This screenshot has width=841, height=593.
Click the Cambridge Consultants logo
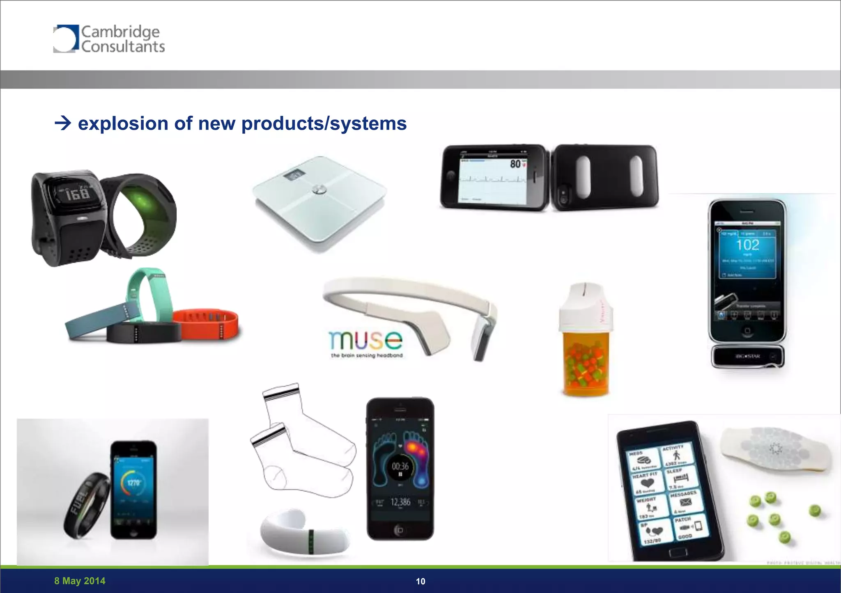(x=109, y=39)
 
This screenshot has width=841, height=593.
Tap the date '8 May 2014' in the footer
(x=80, y=581)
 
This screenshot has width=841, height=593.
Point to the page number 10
(x=420, y=581)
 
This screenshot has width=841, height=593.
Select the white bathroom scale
(x=319, y=201)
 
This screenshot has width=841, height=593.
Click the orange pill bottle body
(x=585, y=363)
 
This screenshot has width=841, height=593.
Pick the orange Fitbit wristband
(x=205, y=324)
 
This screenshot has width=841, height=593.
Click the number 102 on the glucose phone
(x=747, y=245)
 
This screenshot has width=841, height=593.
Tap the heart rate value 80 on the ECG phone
(x=515, y=164)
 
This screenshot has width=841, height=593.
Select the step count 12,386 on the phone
(x=400, y=502)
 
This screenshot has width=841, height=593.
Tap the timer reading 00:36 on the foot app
(x=400, y=466)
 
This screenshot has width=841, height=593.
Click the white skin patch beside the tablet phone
(x=776, y=451)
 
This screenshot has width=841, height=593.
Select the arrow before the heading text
(x=63, y=123)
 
